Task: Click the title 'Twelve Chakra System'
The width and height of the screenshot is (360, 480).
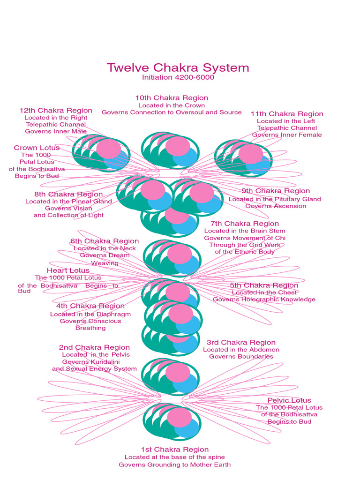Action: (x=178, y=67)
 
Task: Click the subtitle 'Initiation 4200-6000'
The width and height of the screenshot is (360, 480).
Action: (x=178, y=77)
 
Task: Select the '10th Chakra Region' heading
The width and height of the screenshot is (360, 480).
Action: (x=172, y=98)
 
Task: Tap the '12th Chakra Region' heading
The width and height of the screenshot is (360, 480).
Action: (x=56, y=111)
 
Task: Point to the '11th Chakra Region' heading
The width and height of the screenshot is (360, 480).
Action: (x=287, y=114)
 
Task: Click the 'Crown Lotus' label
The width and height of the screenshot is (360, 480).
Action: (x=37, y=148)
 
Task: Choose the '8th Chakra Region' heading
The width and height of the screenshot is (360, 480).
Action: (x=68, y=194)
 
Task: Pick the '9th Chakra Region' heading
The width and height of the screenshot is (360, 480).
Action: (x=276, y=191)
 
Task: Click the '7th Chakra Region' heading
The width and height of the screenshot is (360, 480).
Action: (x=245, y=224)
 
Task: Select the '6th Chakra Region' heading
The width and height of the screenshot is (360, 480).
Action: (x=105, y=241)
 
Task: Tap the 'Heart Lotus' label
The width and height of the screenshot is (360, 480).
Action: (x=68, y=270)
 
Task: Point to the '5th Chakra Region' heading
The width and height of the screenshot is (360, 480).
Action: (x=264, y=285)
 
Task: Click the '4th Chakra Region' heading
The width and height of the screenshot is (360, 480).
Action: (x=90, y=306)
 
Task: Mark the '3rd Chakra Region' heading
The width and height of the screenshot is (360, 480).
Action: (x=241, y=343)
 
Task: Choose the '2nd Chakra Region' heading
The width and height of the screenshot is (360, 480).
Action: (x=94, y=347)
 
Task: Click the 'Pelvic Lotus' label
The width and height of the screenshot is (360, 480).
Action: (x=289, y=400)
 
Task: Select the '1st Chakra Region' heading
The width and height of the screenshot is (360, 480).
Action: (x=175, y=450)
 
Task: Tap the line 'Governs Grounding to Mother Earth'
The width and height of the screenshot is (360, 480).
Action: (x=174, y=465)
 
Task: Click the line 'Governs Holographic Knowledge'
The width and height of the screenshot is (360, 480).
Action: (x=264, y=300)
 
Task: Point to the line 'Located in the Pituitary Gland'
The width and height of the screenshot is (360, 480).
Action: (x=275, y=199)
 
